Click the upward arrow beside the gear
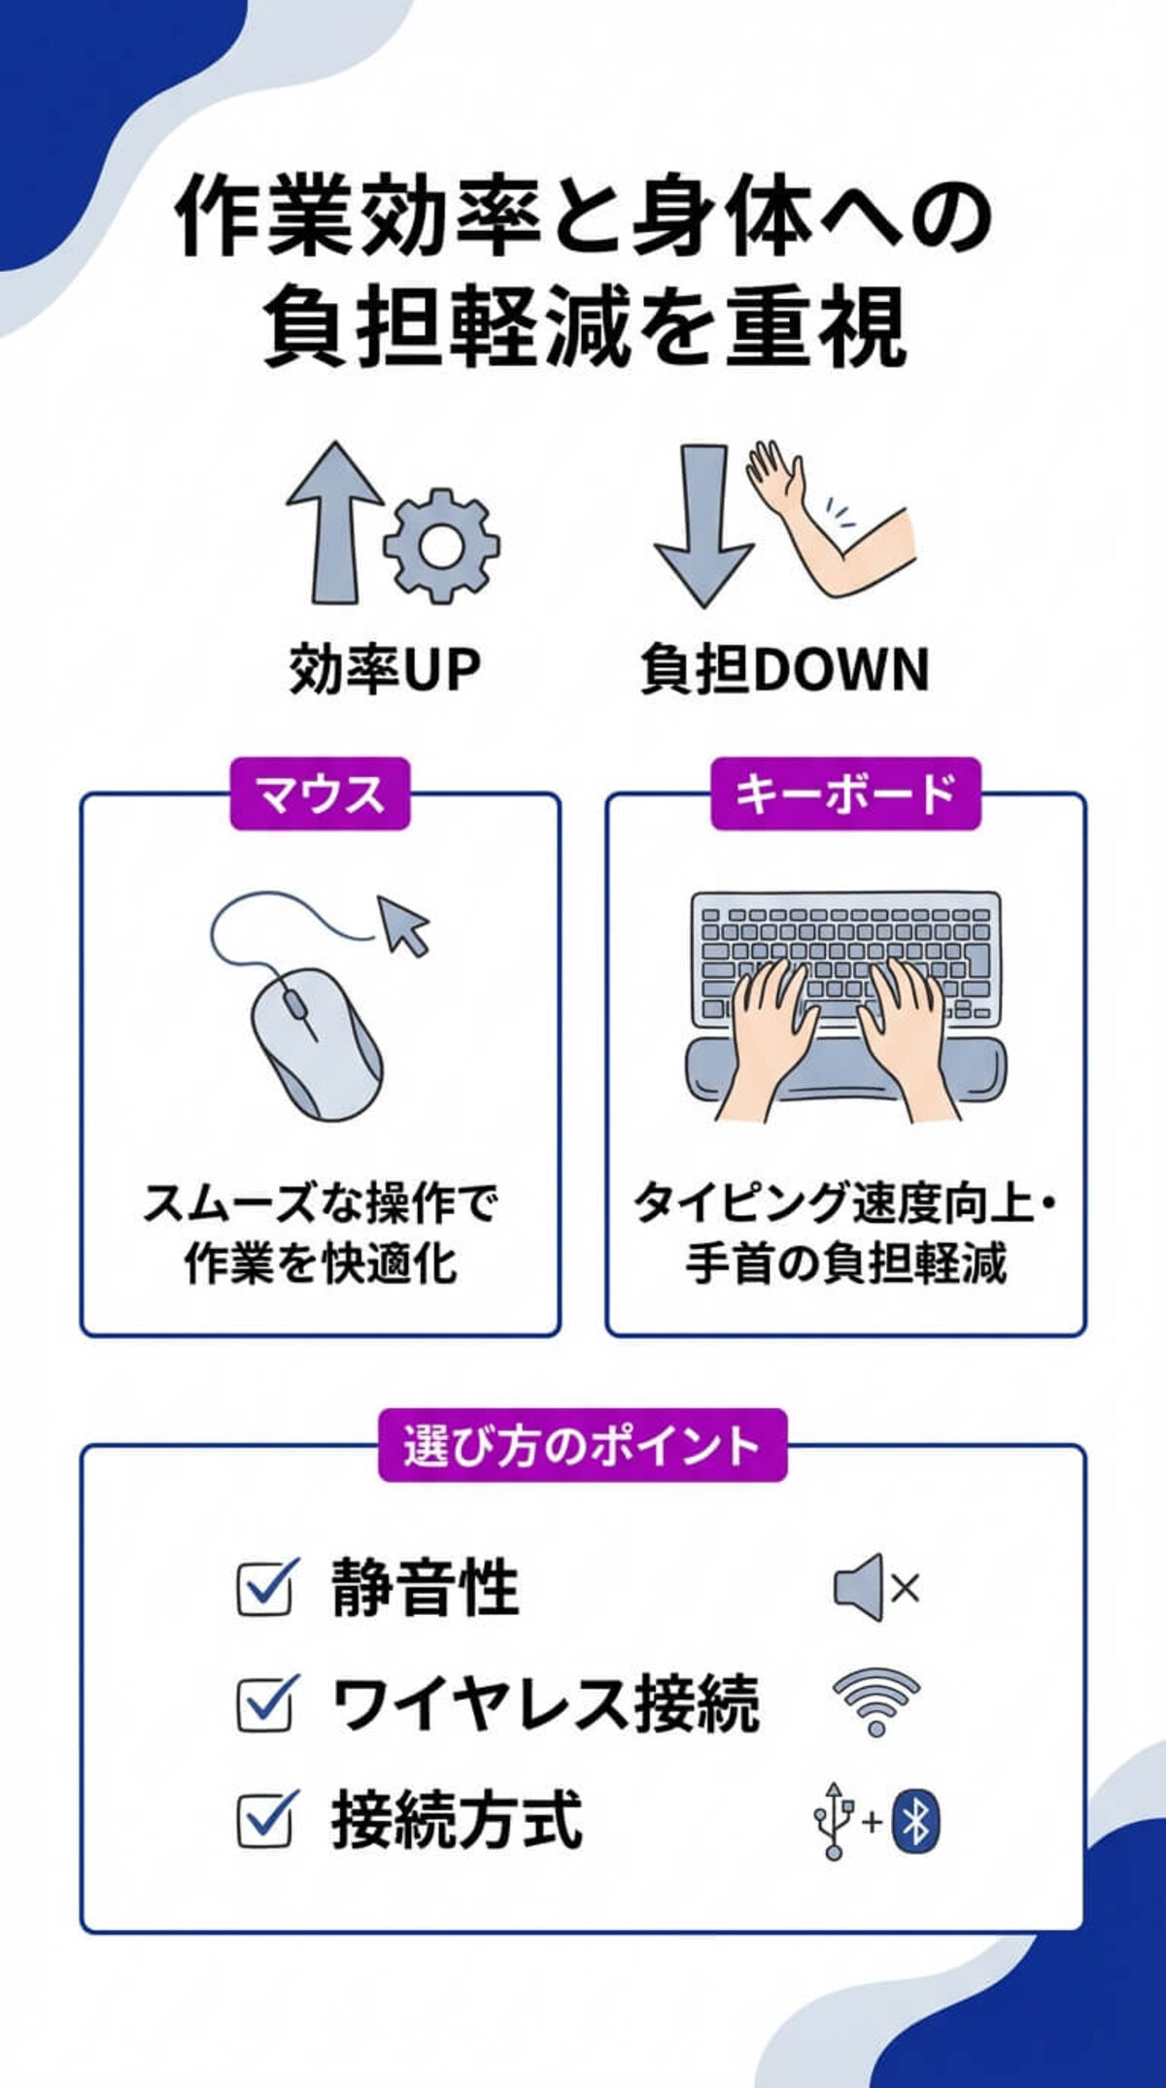click(x=334, y=524)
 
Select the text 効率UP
click(x=385, y=670)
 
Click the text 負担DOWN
click(x=784, y=670)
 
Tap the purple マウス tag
click(x=320, y=794)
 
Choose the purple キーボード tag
click(x=845, y=794)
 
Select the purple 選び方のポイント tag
click(x=582, y=1445)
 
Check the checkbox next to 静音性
click(x=264, y=1589)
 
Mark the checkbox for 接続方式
click(x=264, y=1819)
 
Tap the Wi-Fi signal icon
click(x=876, y=1702)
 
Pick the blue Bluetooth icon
click(x=914, y=1820)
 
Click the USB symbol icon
click(x=834, y=1820)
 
